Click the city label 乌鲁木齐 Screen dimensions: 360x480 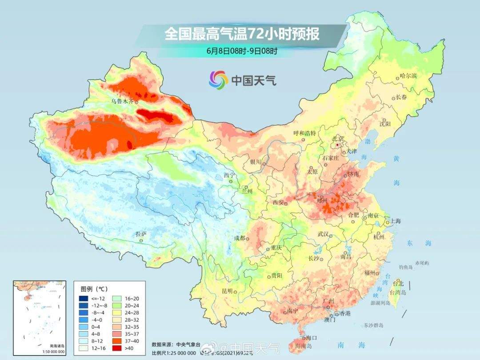tap(122, 101)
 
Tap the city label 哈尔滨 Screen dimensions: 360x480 tap(408, 76)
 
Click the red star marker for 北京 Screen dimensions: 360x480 tap(338, 145)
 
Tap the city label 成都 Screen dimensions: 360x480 tap(240, 238)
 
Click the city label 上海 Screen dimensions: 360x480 tap(395, 221)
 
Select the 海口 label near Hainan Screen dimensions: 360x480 tap(312, 338)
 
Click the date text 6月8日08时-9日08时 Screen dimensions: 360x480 tap(242, 51)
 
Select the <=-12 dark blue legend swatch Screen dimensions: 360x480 tap(84, 298)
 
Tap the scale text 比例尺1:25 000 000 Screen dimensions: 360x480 tap(173, 353)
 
